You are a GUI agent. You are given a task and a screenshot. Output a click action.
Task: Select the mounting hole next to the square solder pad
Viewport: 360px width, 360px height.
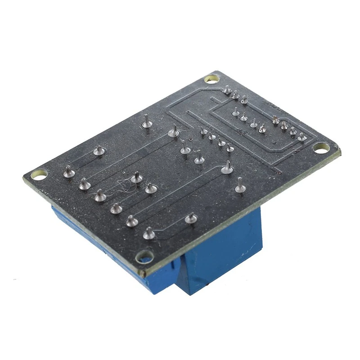coord(320,147)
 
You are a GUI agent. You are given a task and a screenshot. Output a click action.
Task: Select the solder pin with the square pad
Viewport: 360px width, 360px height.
coord(301,136)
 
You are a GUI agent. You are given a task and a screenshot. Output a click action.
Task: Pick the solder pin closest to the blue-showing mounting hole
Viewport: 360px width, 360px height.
coord(148,234)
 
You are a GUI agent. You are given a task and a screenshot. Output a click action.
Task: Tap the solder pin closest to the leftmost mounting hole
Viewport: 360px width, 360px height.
coord(69,171)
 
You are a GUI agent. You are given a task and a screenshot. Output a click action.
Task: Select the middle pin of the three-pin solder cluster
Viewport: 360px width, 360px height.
coord(235,95)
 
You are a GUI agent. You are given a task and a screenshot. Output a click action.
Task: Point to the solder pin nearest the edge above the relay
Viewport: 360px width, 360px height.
coord(240,186)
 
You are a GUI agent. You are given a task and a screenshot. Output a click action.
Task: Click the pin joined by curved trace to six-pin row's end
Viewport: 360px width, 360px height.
coord(174,132)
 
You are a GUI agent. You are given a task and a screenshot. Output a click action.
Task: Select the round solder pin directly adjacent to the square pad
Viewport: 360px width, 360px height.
coord(292,131)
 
